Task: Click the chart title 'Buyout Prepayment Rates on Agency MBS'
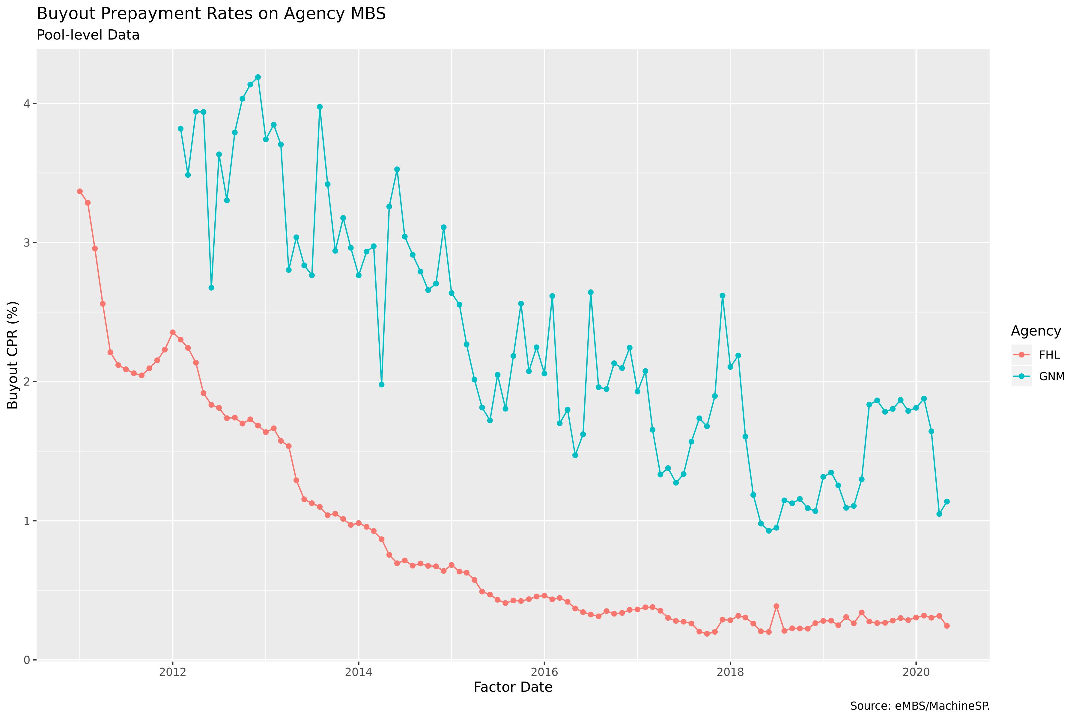click(x=211, y=14)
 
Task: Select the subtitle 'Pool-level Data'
click(x=88, y=35)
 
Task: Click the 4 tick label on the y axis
click(x=27, y=104)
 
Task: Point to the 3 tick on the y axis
click(x=27, y=243)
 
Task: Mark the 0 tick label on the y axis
click(x=27, y=660)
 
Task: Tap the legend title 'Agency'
click(x=1036, y=331)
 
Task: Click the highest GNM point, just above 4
click(x=258, y=77)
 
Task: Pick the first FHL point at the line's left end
click(x=80, y=191)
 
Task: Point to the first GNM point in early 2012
click(x=180, y=129)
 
